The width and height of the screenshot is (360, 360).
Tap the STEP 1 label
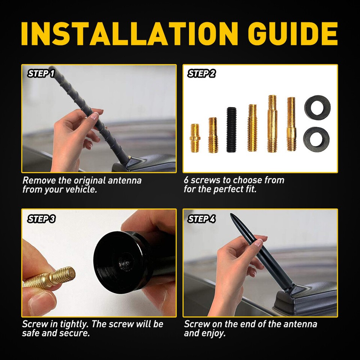tap(41, 73)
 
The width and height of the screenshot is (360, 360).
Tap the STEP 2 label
tap(201, 73)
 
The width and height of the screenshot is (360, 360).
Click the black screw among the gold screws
tap(231, 130)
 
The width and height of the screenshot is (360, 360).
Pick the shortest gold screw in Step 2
tap(195, 138)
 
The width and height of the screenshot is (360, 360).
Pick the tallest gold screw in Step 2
tap(272, 124)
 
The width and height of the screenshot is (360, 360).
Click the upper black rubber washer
tap(317, 106)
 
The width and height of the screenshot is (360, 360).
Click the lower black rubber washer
tap(316, 137)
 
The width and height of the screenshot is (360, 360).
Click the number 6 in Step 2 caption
tap(186, 180)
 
